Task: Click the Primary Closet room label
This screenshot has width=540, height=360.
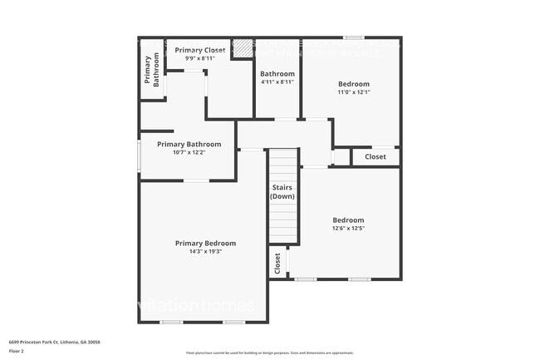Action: click(x=199, y=51)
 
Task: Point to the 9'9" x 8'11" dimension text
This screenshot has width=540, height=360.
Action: click(x=199, y=59)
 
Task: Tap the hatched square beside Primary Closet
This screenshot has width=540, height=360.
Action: click(x=242, y=48)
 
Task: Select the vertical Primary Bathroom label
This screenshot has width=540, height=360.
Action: click(x=152, y=71)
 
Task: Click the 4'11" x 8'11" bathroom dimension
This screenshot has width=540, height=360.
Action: click(x=277, y=82)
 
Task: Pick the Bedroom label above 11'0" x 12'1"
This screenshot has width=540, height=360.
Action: click(x=353, y=84)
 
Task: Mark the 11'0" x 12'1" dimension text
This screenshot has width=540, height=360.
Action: click(x=353, y=92)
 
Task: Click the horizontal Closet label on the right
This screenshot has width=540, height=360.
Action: click(x=376, y=156)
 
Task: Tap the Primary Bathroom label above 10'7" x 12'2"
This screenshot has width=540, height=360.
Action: click(x=189, y=144)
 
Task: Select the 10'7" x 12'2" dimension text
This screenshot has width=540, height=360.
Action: click(x=189, y=152)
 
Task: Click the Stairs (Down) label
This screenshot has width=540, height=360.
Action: click(x=282, y=192)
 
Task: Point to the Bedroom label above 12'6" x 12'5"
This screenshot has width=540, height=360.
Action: click(x=348, y=220)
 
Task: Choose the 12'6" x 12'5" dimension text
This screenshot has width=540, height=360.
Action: click(x=348, y=229)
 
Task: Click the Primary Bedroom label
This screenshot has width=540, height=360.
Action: click(x=205, y=243)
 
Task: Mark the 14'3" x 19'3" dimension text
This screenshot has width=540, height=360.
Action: click(x=205, y=251)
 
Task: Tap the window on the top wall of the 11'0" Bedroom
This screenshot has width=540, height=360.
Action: click(x=354, y=37)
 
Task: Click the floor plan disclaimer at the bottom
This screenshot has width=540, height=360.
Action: click(x=269, y=353)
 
